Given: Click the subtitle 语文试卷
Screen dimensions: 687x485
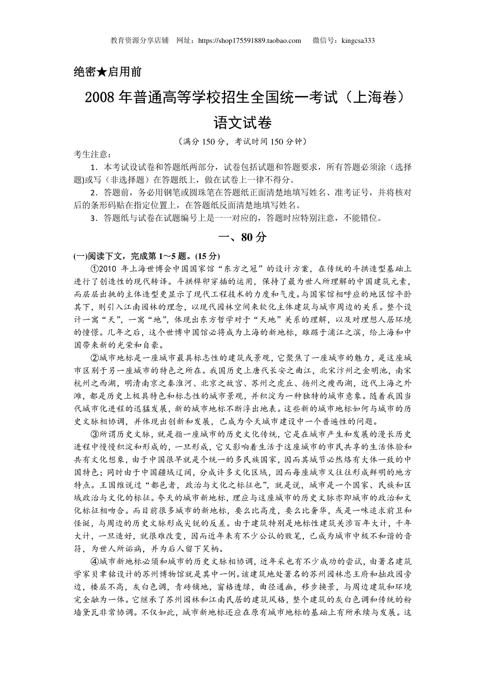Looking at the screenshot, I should coord(242,122).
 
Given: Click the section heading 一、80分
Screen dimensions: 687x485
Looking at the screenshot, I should coord(242,237).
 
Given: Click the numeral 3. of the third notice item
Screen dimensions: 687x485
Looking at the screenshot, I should coord(94,218).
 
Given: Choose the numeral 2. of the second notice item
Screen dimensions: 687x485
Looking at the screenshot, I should coord(94,193).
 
